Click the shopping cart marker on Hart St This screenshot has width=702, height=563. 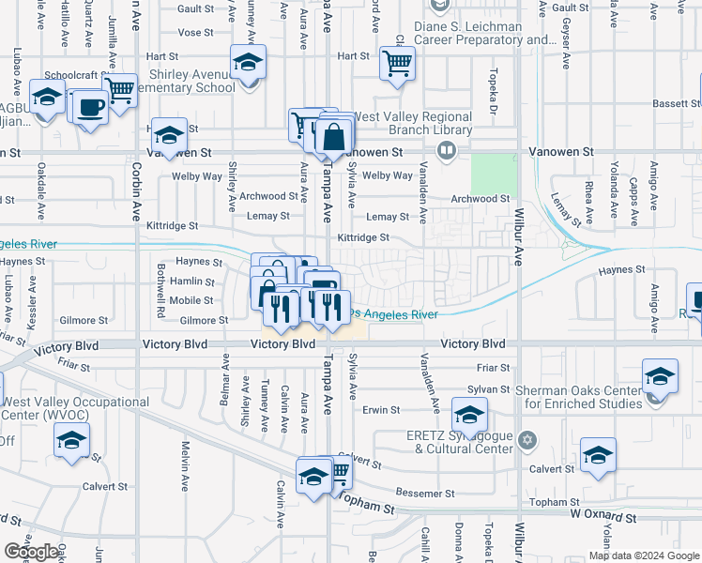[x=398, y=65]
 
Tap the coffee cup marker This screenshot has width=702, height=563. [x=91, y=106]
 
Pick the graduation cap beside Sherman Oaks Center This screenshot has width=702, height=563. [x=660, y=376]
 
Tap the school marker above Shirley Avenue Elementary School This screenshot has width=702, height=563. [x=248, y=64]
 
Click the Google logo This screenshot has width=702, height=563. [x=32, y=552]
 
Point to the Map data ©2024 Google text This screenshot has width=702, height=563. [x=644, y=555]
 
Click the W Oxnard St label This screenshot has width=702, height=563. [x=603, y=517]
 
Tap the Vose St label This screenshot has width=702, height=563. [x=195, y=32]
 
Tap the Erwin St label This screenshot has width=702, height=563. [x=381, y=410]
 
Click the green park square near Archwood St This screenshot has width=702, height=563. [x=494, y=174]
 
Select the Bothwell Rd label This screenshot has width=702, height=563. [x=160, y=292]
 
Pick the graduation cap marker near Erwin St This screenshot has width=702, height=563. [x=469, y=414]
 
